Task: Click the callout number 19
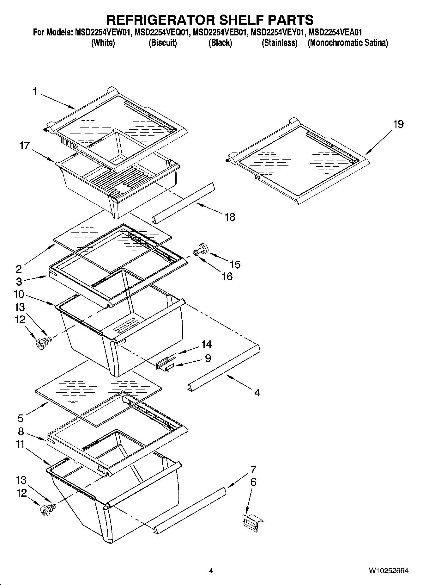(398, 124)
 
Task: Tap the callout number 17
(24, 146)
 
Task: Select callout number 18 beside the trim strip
(230, 217)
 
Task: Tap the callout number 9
(208, 358)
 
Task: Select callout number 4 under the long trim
(257, 393)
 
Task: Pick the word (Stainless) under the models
(280, 43)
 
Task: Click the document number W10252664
(389, 571)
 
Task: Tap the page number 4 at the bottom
(211, 571)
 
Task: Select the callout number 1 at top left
(35, 92)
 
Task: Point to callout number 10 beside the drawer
(19, 294)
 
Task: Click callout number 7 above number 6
(253, 469)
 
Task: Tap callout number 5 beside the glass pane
(21, 418)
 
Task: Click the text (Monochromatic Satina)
(347, 43)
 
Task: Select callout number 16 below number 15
(227, 277)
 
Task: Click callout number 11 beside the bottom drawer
(20, 444)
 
